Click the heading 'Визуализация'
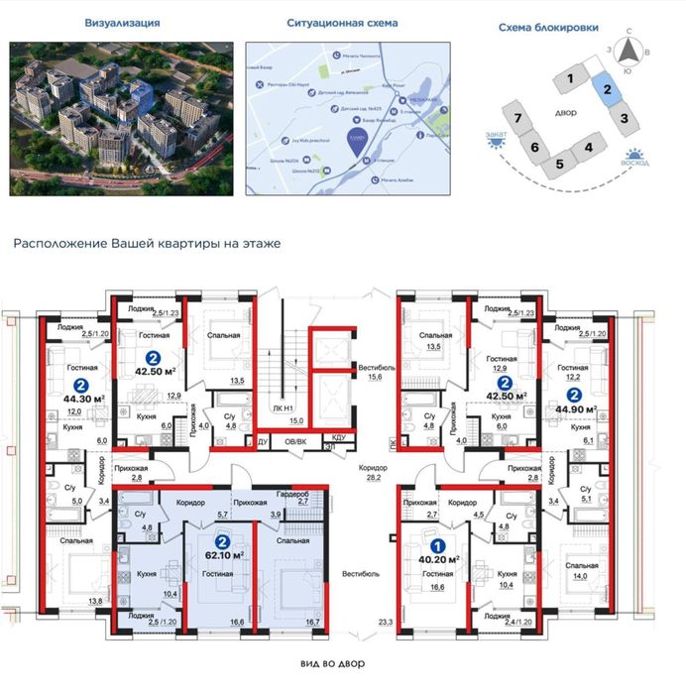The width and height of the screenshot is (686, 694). tap(124, 22)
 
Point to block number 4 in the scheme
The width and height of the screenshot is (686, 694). tap(588, 149)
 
